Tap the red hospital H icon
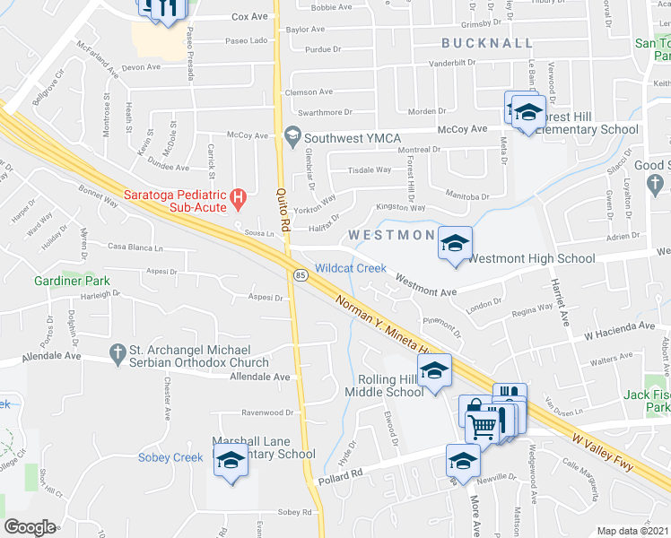point(238,196)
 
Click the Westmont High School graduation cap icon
point(455,243)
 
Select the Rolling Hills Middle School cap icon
point(435,369)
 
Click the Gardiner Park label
point(72,281)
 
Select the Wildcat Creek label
point(351,267)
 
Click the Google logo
point(30,527)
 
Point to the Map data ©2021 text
point(633,531)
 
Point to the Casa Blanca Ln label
point(136,247)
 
